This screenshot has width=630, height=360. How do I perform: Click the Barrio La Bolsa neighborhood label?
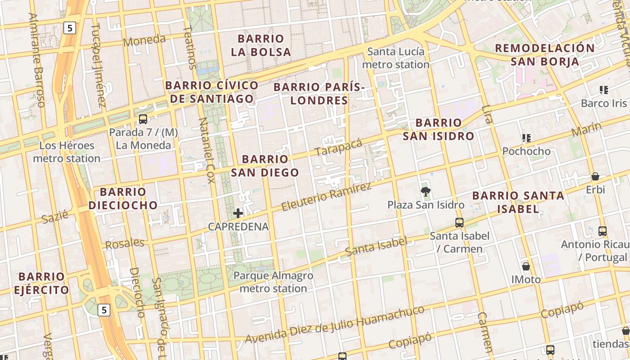pyautogui.click(x=261, y=45)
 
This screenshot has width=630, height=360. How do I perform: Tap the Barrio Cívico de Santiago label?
pyautogui.click(x=211, y=92)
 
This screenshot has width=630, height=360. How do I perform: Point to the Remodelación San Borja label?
pyautogui.click(x=544, y=54)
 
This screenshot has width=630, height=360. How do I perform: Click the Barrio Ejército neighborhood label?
pyautogui.click(x=41, y=283)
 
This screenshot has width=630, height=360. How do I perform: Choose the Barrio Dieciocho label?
pyautogui.click(x=123, y=198)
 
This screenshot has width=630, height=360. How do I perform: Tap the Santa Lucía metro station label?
pyautogui.click(x=396, y=58)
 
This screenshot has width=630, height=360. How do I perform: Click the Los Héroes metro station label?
pyautogui.click(x=67, y=152)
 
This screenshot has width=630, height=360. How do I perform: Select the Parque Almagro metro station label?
pyautogui.click(x=273, y=282)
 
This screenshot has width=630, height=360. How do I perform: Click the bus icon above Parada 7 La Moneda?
pyautogui.click(x=143, y=119)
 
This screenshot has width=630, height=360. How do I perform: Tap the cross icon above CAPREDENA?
pyautogui.click(x=238, y=213)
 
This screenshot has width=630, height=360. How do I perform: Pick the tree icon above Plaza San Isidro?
pyautogui.click(x=425, y=192)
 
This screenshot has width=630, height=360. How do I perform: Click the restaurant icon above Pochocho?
pyautogui.click(x=526, y=138)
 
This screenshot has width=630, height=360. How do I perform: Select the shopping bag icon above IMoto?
pyautogui.click(x=526, y=266)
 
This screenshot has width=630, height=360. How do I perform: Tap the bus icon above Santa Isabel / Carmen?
pyautogui.click(x=459, y=222)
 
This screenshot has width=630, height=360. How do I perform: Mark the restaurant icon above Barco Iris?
pyautogui.click(x=604, y=90)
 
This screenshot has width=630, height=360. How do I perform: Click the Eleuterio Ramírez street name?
pyautogui.click(x=326, y=197)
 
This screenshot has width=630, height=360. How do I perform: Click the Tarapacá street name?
pyautogui.click(x=338, y=148)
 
